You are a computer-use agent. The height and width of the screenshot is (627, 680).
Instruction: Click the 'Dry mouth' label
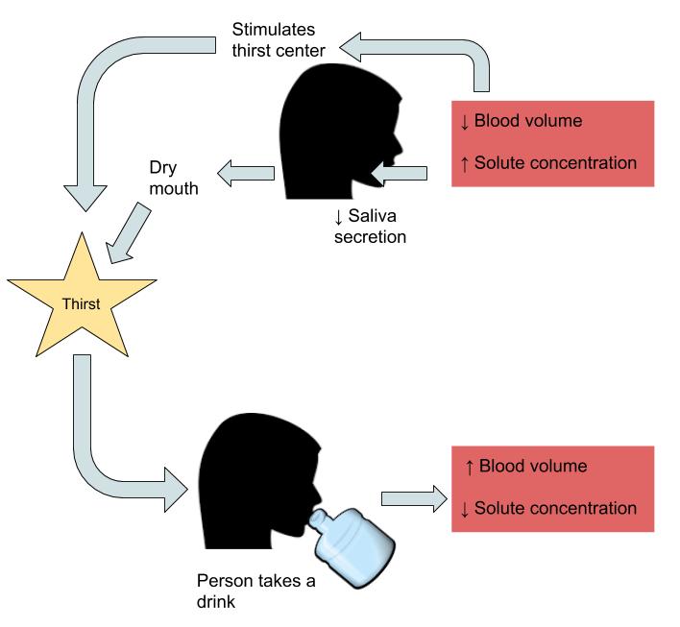tap(173, 177)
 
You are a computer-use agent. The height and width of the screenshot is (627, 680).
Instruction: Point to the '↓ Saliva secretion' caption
tap(370, 226)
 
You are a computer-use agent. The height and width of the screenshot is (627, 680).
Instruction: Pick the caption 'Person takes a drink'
tap(255, 591)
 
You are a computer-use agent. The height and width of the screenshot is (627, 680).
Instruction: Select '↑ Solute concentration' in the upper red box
tap(547, 163)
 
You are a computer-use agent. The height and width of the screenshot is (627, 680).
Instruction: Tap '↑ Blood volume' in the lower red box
tap(524, 467)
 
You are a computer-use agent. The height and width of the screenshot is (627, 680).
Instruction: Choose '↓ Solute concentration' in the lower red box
tap(547, 508)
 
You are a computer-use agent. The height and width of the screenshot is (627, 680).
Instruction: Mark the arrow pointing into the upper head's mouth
tap(399, 173)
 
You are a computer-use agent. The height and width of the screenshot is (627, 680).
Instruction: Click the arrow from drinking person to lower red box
tap(413, 497)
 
